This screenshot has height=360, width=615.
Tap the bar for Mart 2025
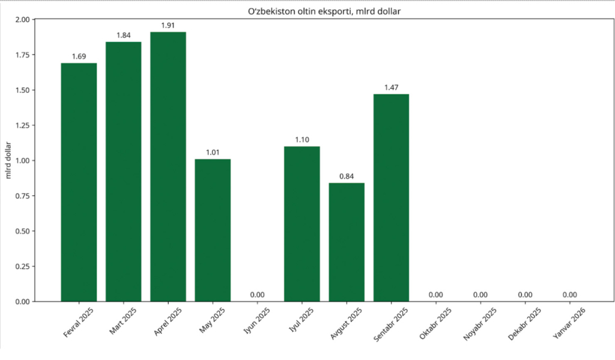point(123,171)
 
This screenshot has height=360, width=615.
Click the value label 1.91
point(168,25)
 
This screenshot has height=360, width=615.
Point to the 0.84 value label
point(347,176)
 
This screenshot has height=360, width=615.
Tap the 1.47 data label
point(391,88)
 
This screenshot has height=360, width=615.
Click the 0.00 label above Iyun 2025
point(257,294)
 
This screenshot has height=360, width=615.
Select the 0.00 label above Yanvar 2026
point(569,294)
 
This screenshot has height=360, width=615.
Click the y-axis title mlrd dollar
point(9,160)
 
